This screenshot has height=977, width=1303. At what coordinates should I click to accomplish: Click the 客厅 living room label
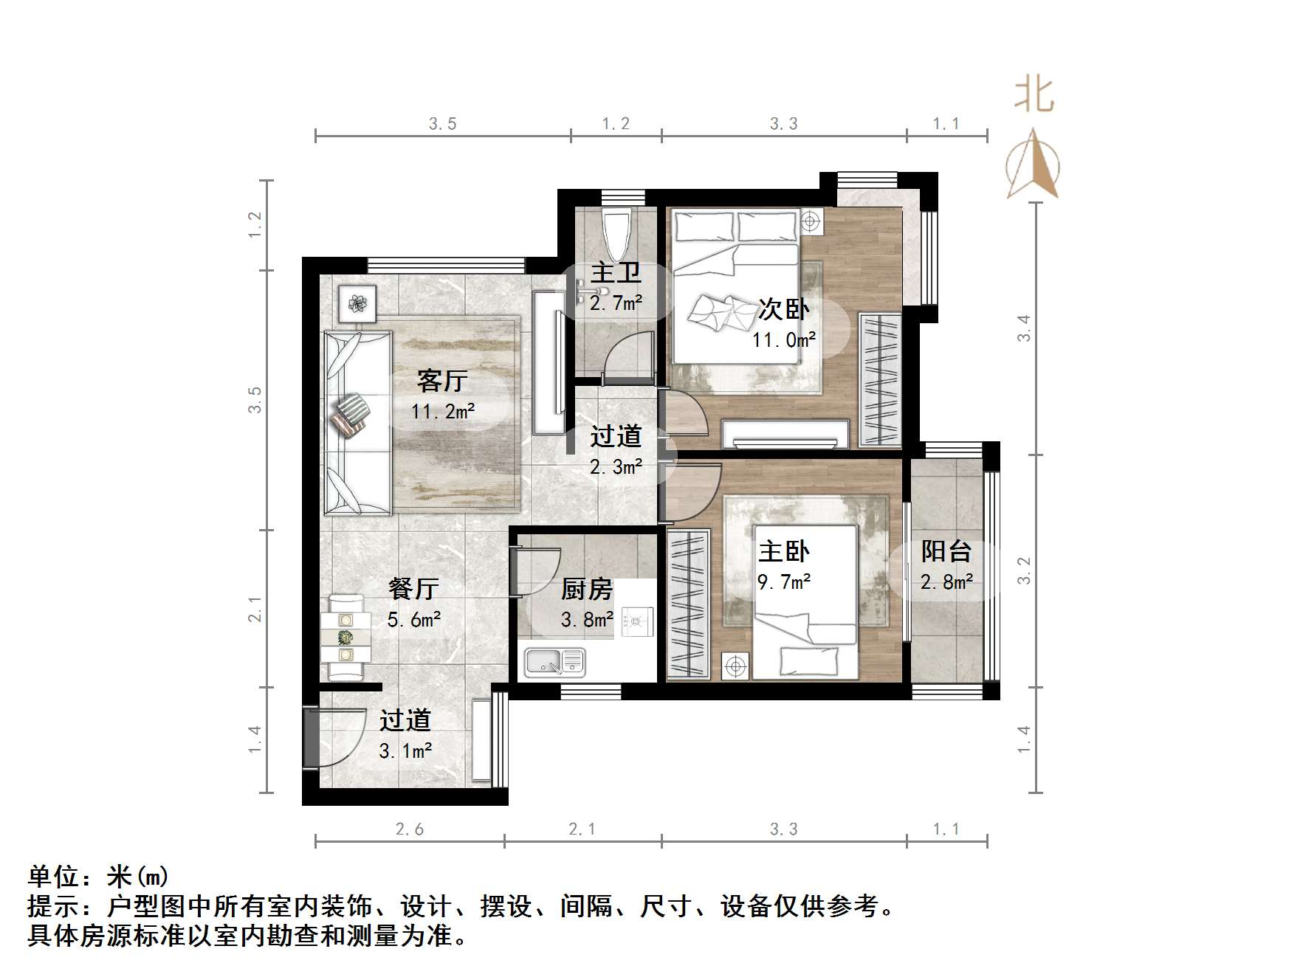pos(441,382)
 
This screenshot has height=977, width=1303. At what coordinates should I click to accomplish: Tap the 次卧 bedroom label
pos(783,310)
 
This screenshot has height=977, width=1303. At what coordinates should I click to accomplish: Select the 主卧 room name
pos(783,551)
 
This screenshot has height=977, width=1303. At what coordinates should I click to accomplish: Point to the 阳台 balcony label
pos(946,551)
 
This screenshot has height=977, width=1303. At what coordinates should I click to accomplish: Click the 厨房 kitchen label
pos(587,589)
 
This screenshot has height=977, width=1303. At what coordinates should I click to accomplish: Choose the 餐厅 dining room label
pos(413,589)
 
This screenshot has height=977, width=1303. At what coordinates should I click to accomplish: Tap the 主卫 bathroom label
pos(616,273)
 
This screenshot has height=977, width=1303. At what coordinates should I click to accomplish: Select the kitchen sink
pos(554,662)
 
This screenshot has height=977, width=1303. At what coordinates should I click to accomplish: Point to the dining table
pos(345,636)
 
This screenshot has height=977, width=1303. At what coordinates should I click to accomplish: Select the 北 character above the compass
pos(1033,96)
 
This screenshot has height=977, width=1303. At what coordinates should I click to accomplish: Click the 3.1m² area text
pos(405,751)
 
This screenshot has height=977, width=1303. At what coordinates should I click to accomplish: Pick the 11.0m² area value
pos(783,340)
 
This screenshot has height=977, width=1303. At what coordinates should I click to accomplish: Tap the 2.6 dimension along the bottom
pos(410,829)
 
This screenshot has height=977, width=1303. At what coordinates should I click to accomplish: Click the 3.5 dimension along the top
pos(442,124)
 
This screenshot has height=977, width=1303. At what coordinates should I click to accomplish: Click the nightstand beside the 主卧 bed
pos(735,666)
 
